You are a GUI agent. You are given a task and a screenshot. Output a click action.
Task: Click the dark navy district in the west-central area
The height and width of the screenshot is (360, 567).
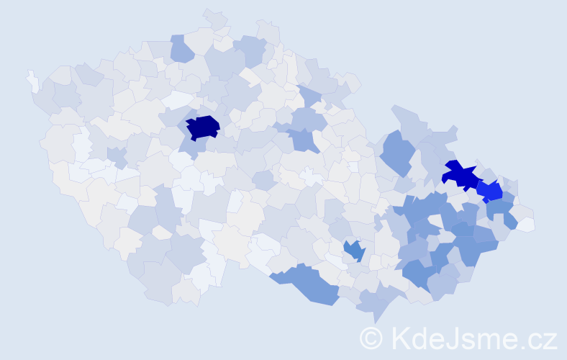pos(202,127)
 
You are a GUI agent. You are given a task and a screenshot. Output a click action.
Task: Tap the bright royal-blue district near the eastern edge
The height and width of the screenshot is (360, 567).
pos(491,192)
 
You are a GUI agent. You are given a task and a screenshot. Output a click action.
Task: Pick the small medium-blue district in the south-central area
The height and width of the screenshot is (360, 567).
pos(353,250)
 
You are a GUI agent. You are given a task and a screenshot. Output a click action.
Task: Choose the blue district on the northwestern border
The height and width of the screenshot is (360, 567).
pos(182,49)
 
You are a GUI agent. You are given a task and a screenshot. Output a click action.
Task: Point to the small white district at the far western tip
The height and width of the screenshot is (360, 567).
pos(32,81)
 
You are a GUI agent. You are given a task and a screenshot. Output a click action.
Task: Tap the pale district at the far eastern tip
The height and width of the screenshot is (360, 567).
pos(526,224)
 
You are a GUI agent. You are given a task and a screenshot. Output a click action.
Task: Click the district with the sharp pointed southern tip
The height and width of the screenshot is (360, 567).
pos(374,306)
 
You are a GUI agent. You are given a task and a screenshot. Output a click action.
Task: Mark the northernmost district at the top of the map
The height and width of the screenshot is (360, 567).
pos(214,19)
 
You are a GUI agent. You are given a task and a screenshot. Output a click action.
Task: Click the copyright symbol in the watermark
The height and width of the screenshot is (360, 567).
pos(371,337)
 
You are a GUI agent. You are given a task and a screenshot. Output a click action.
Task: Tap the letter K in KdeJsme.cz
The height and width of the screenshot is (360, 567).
pos(400,337)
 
